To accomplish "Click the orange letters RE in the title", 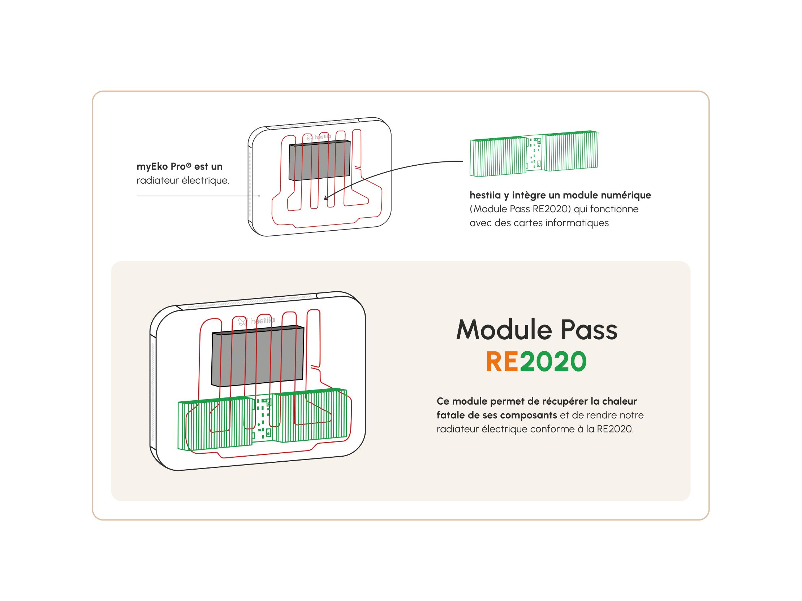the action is (x=502, y=362).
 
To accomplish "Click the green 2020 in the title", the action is (x=553, y=362).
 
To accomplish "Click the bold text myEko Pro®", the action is (x=164, y=167).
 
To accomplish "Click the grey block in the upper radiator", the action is (x=319, y=160).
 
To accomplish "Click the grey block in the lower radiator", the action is (x=258, y=356).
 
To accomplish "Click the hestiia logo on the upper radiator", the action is (x=319, y=137).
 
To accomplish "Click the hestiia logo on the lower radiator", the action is (x=256, y=321).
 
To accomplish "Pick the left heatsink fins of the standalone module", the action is (x=498, y=157).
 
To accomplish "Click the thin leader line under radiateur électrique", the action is (x=198, y=196).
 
